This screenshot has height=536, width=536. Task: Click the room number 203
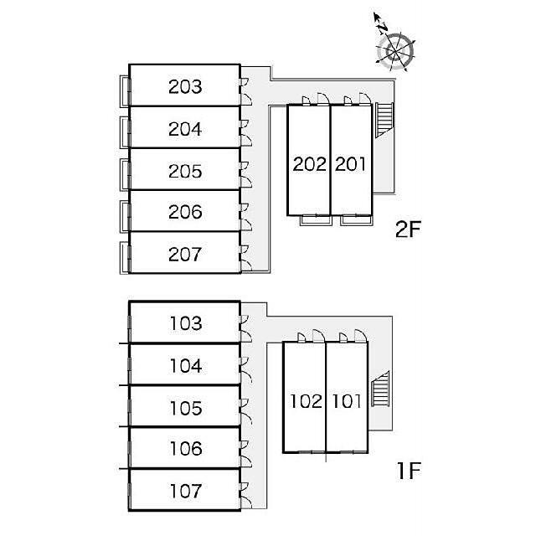[185, 86]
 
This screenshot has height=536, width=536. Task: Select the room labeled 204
[185, 129]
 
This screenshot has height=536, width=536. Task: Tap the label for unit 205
[185, 171]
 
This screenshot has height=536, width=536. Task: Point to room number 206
[185, 212]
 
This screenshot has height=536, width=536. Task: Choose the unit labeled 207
[185, 255]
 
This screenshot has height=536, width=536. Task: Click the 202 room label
[309, 164]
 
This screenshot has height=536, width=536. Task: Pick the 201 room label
[351, 164]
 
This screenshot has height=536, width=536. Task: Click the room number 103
[186, 323]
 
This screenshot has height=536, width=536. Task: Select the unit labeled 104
[186, 365]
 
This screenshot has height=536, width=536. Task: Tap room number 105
[186, 408]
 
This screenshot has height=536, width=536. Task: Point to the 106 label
[186, 449]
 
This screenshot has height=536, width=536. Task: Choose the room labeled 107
[186, 491]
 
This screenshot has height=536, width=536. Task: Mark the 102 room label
[307, 401]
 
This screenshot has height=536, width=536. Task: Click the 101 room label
[347, 401]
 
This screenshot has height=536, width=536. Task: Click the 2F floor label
[408, 229]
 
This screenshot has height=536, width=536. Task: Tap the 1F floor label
[409, 471]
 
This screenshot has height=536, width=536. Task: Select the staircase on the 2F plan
[384, 120]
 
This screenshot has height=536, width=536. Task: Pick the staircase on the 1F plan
[380, 389]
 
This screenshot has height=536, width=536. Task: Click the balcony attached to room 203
[125, 90]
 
